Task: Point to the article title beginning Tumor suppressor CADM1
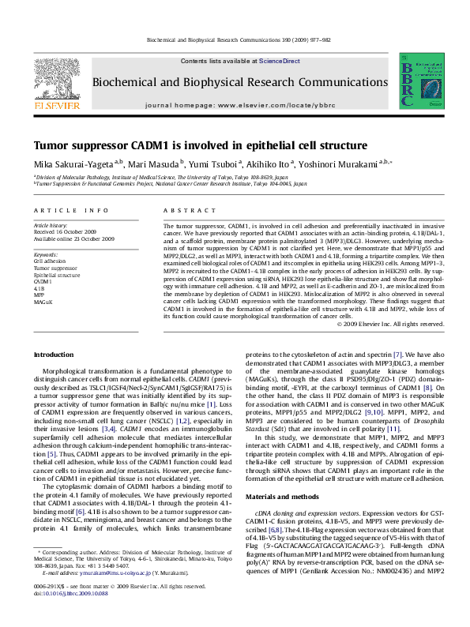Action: point(189,146)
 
